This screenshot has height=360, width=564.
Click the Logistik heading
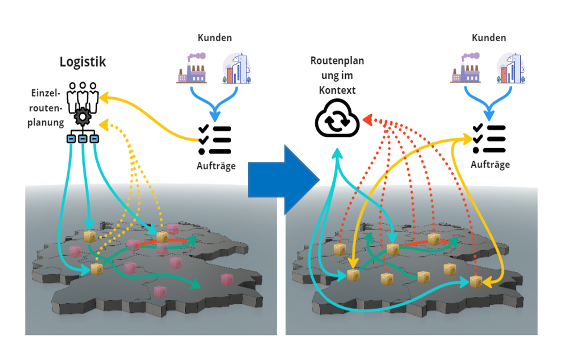pos(83,62)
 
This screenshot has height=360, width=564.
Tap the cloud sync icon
pos(337,119)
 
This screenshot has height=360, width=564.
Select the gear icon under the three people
pos(83,117)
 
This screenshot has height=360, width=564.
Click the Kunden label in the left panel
pos(215,38)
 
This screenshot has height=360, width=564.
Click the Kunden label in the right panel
pos(489,38)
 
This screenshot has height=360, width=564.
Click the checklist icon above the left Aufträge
pos(215,140)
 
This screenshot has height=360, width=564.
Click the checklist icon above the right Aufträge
pos(489,139)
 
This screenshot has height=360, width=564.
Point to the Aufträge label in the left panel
pos(216,166)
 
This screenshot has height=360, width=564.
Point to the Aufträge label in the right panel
pos(490,165)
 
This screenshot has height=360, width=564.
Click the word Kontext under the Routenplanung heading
pos(337,90)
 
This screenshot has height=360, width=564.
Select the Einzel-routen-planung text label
pos(46,108)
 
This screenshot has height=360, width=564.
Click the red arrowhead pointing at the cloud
pos(368,120)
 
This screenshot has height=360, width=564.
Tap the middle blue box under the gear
pos(83,139)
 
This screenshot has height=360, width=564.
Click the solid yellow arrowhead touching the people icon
pos(104,97)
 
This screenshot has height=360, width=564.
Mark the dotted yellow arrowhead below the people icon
pos(104,125)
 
